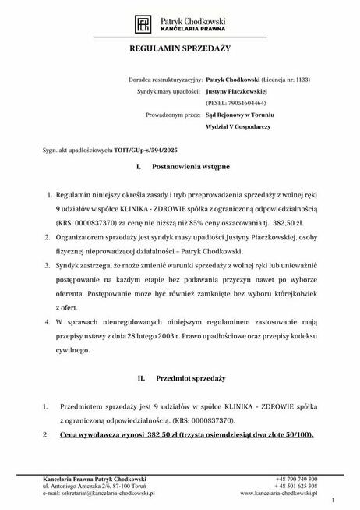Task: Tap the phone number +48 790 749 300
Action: click(x=296, y=478)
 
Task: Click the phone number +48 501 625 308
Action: click(x=296, y=486)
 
